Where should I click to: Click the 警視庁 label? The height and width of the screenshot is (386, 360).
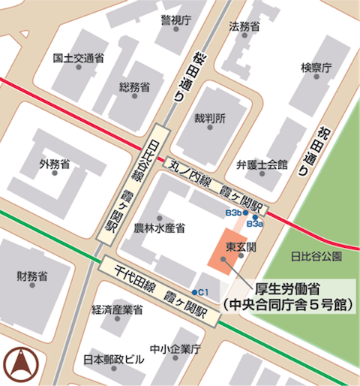[x=176, y=20]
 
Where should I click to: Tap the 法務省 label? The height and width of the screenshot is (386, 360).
[x=244, y=26]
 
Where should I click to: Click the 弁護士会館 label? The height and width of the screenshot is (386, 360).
[x=262, y=164]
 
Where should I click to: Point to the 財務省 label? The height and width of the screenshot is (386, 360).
[x=32, y=276]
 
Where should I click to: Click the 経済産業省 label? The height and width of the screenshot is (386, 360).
[x=117, y=309]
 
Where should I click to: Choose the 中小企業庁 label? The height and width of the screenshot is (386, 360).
[x=175, y=349]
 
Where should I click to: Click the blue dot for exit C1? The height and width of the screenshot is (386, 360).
[x=195, y=292]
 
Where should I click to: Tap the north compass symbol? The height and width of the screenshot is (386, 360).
[x=19, y=364]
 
